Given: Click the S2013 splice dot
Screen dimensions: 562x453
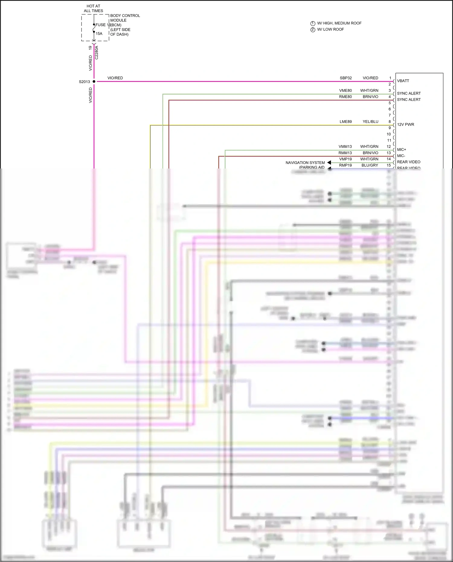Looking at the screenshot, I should [94, 82].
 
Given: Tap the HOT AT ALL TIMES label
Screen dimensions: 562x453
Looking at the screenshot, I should [93, 8].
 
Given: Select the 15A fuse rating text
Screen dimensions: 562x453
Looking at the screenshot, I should [99, 34].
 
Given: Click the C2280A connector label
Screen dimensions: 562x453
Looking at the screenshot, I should [97, 52].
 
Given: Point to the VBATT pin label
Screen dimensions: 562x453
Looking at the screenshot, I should [403, 81].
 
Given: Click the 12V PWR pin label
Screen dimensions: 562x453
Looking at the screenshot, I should [405, 124].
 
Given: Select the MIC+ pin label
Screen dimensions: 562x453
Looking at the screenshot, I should [401, 149].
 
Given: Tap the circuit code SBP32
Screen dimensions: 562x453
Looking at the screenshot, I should [345, 78].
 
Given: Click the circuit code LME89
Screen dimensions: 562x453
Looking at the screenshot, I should [345, 122].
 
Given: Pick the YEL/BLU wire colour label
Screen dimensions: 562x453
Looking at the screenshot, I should [370, 122].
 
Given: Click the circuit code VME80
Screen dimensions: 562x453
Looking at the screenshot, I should [345, 91].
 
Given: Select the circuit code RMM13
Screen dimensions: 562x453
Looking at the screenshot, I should [345, 153].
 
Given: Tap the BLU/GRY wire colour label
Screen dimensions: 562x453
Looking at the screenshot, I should [370, 165].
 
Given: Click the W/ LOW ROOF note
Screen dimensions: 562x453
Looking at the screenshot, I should [330, 29].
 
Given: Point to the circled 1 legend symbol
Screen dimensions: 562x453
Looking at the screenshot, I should [313, 24].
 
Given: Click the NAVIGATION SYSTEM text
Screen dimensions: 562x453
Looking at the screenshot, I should [305, 162].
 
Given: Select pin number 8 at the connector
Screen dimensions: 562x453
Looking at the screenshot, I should [390, 122].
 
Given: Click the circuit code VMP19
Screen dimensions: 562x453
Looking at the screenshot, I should [345, 159].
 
